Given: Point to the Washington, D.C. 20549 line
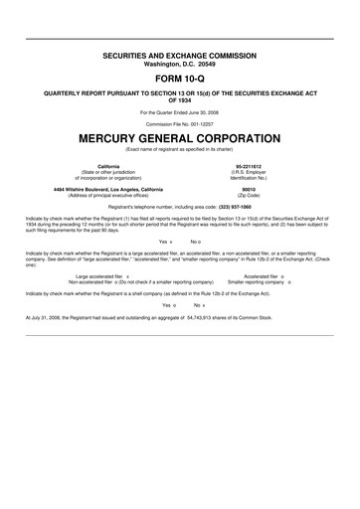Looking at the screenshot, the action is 180,56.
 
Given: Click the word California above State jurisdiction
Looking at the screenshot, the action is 109,165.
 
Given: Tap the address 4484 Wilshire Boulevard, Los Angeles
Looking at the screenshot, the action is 109,188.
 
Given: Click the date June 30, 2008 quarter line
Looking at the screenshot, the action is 180,111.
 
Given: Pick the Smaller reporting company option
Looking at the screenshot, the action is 262,282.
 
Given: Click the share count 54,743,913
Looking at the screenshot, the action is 212,317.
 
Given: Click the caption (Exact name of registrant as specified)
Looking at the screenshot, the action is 180,147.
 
